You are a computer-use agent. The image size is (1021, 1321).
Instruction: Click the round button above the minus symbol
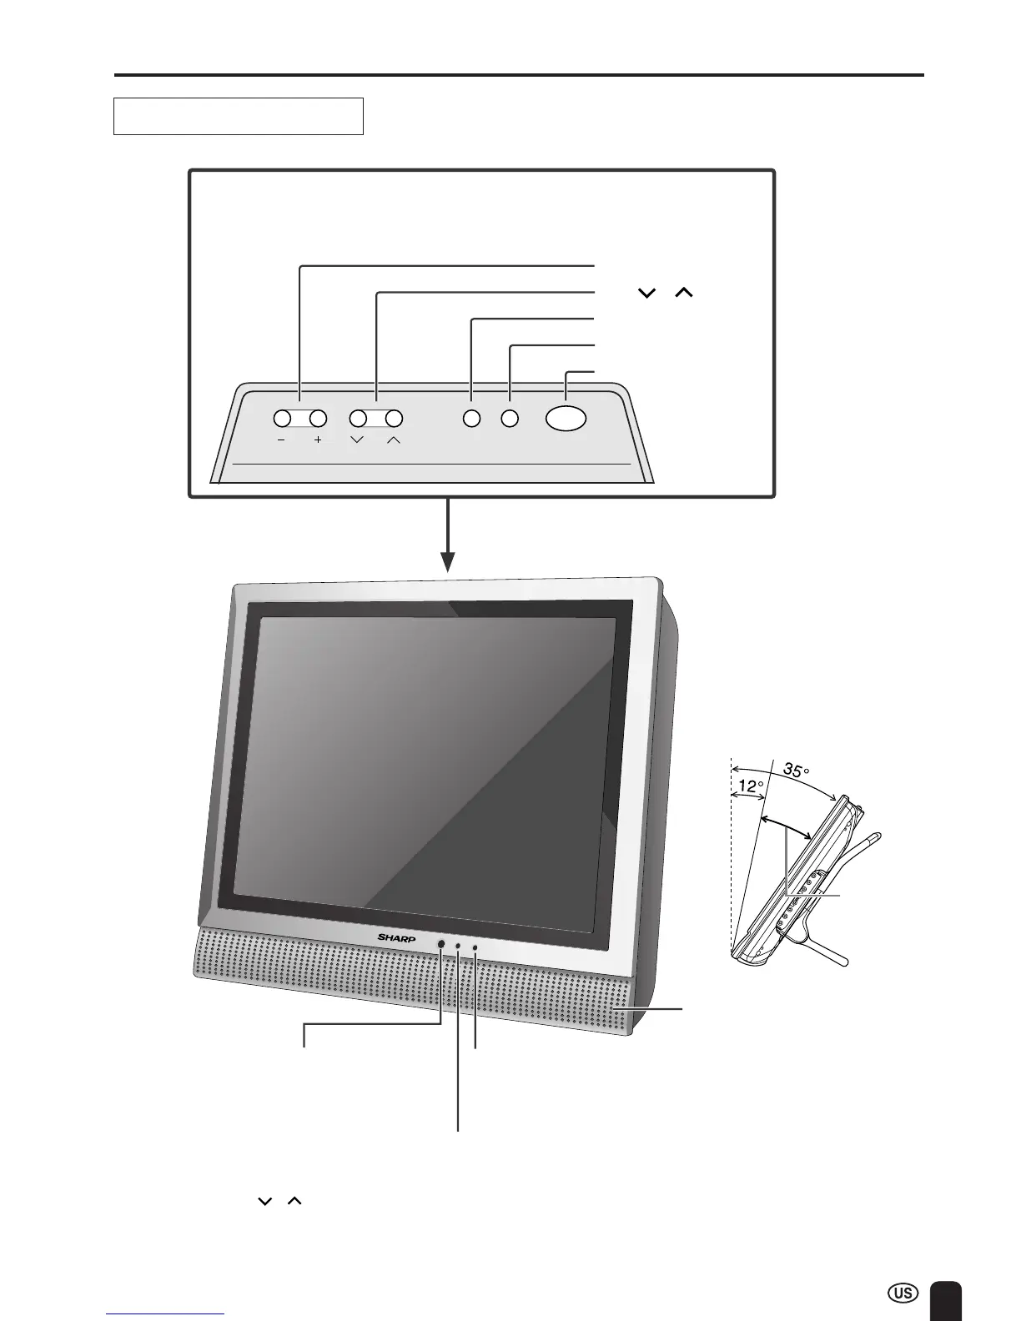282,419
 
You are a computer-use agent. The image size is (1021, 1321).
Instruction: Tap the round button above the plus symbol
318,419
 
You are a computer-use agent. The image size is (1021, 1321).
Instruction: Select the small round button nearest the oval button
510,419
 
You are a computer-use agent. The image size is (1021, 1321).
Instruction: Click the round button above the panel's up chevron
395,419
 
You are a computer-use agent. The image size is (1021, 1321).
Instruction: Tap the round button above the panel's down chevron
358,419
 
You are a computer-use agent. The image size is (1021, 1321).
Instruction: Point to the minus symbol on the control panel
282,440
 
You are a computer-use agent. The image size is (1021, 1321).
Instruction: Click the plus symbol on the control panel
318,440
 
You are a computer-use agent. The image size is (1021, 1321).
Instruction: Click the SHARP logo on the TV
396,938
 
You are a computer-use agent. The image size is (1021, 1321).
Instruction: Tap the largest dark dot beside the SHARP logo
440,943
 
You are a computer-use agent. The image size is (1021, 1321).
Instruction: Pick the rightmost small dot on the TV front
475,947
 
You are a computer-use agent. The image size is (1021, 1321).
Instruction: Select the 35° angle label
797,771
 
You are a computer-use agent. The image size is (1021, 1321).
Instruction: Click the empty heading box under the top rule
239,116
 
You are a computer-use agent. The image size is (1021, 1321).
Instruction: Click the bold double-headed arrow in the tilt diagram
788,828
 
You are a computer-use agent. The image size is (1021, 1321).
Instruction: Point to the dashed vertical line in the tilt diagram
731,859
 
